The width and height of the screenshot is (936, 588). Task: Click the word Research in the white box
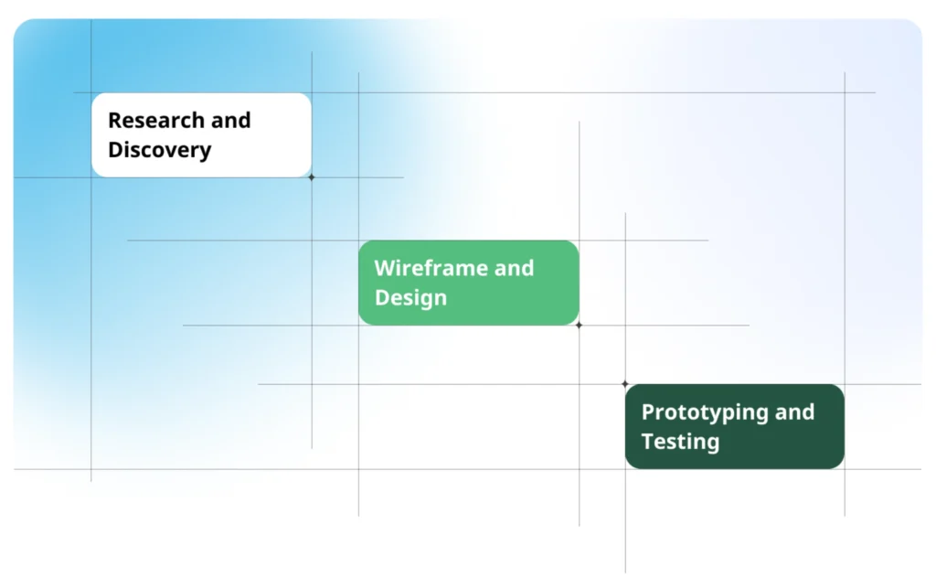156,120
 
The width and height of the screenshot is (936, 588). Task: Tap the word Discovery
159,150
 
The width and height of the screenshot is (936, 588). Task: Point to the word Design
410,298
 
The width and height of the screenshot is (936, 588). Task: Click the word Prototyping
705,412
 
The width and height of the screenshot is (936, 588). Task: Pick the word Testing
680,442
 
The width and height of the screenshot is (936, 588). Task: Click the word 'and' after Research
230,120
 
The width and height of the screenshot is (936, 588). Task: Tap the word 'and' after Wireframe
514,268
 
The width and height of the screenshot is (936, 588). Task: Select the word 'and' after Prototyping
794,412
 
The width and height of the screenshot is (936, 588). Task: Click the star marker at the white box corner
312,177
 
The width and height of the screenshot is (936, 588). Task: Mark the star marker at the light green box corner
579,326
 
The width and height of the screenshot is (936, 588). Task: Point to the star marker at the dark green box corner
625,384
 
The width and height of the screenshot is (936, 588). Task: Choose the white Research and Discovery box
202,135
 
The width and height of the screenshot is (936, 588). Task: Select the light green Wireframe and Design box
469,283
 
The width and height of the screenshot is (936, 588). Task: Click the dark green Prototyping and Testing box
735,426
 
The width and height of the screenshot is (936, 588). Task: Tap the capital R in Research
115,121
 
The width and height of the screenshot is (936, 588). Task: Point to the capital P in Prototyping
648,412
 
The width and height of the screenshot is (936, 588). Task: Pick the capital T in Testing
648,442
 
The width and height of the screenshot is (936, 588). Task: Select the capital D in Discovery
116,150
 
